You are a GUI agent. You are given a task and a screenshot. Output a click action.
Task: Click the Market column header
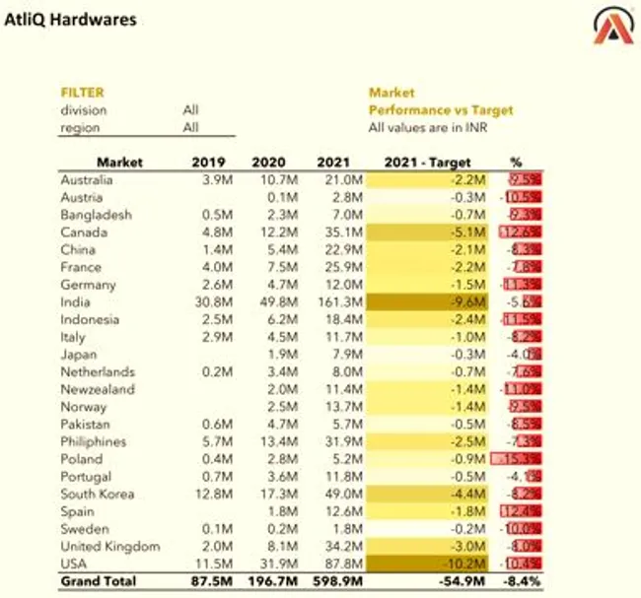119,162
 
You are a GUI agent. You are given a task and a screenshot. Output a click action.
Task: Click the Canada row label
81,232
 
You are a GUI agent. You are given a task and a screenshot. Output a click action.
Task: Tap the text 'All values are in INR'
429,128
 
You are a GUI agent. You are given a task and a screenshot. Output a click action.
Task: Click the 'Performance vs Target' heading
441,110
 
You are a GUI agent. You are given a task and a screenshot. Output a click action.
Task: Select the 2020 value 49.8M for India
274,301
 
